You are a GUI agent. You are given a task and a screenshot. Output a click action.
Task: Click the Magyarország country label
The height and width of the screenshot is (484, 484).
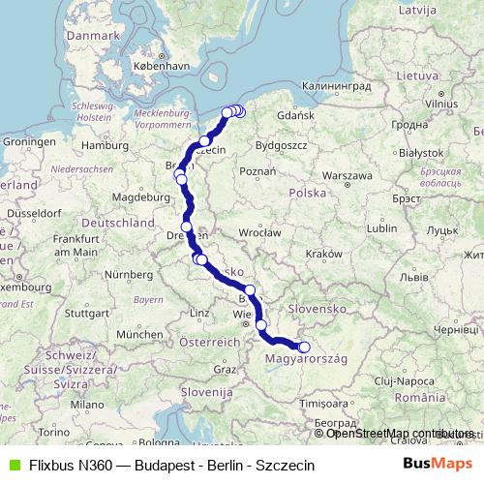tap(309, 359)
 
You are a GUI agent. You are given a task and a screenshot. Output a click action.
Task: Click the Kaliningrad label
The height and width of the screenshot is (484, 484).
tap(332, 86)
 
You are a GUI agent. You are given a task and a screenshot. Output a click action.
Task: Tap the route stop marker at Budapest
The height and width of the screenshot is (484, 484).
tap(303, 348)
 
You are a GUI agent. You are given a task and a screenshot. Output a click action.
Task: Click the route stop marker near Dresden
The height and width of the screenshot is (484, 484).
tap(187, 228)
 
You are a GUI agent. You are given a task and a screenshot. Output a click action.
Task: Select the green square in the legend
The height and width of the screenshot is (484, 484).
tap(13, 465)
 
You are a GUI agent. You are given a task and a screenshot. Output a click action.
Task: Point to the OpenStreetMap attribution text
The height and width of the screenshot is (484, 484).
tap(400, 433)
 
